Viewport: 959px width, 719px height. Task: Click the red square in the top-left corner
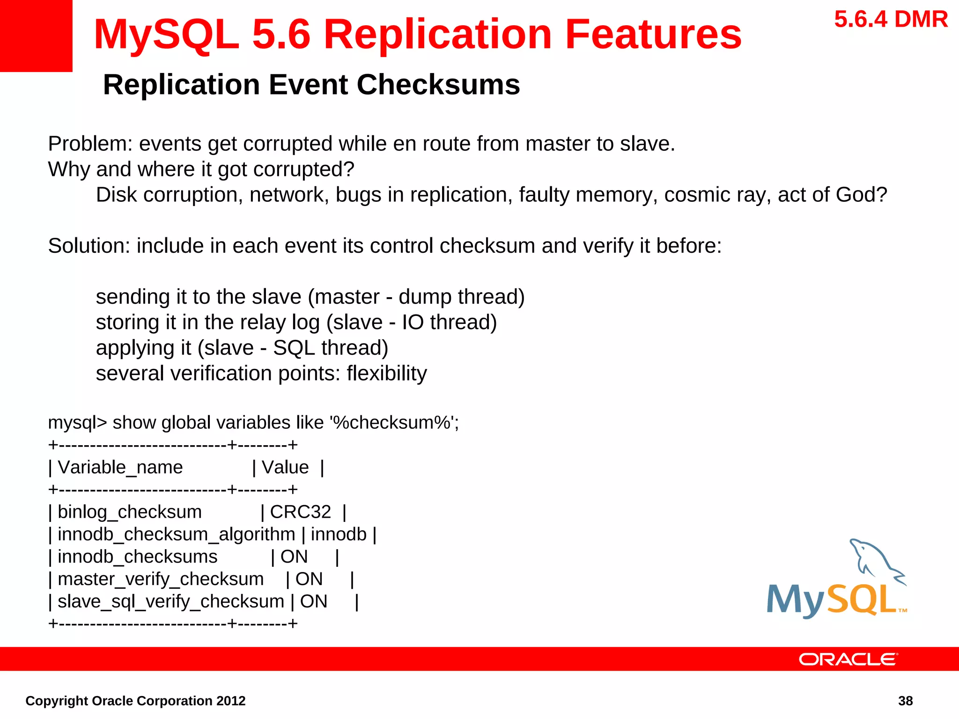[x=36, y=36]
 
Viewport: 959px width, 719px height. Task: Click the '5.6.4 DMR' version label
[x=891, y=20]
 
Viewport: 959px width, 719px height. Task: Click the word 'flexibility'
[x=387, y=374]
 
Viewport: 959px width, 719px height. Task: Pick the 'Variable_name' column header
[x=120, y=467]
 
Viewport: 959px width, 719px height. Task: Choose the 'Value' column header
[x=285, y=467]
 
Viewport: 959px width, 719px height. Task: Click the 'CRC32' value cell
[x=300, y=512]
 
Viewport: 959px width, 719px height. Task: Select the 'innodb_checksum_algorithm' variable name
[x=177, y=534]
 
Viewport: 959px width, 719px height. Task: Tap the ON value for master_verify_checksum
[x=309, y=579]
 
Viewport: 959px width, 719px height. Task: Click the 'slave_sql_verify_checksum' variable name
[x=171, y=602]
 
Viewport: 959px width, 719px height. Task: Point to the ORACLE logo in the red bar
[x=848, y=659]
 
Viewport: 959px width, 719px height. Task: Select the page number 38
[x=905, y=701]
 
